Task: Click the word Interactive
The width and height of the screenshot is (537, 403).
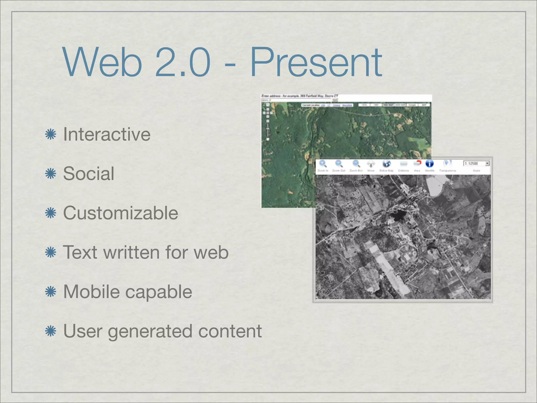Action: [x=107, y=134]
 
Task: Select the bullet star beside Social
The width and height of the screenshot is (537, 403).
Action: [x=51, y=174]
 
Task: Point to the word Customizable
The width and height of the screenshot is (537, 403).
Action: [x=121, y=213]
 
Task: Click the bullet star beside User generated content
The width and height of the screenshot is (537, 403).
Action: [x=51, y=331]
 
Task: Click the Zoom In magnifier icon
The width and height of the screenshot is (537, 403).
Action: [x=323, y=164]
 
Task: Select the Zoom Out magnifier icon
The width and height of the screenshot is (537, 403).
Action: [x=339, y=164]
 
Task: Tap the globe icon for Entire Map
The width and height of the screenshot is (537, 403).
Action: [x=386, y=164]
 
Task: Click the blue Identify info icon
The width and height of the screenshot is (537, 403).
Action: [x=429, y=164]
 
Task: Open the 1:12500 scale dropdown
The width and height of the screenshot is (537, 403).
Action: [x=487, y=163]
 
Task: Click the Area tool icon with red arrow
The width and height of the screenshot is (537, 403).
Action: [x=417, y=164]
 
